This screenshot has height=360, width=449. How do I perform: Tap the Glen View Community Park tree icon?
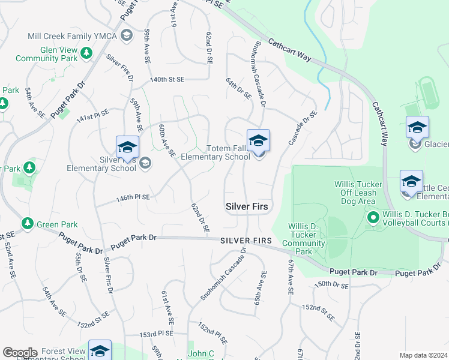tap(86, 53)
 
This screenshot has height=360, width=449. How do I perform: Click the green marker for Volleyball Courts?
tap(372, 217)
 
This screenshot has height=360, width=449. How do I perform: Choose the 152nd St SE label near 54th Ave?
tap(93, 324)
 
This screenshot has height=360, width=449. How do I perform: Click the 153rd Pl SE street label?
tap(156, 334)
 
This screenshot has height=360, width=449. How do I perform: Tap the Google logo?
tap(20, 353)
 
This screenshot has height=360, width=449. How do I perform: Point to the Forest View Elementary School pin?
tap(100, 351)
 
